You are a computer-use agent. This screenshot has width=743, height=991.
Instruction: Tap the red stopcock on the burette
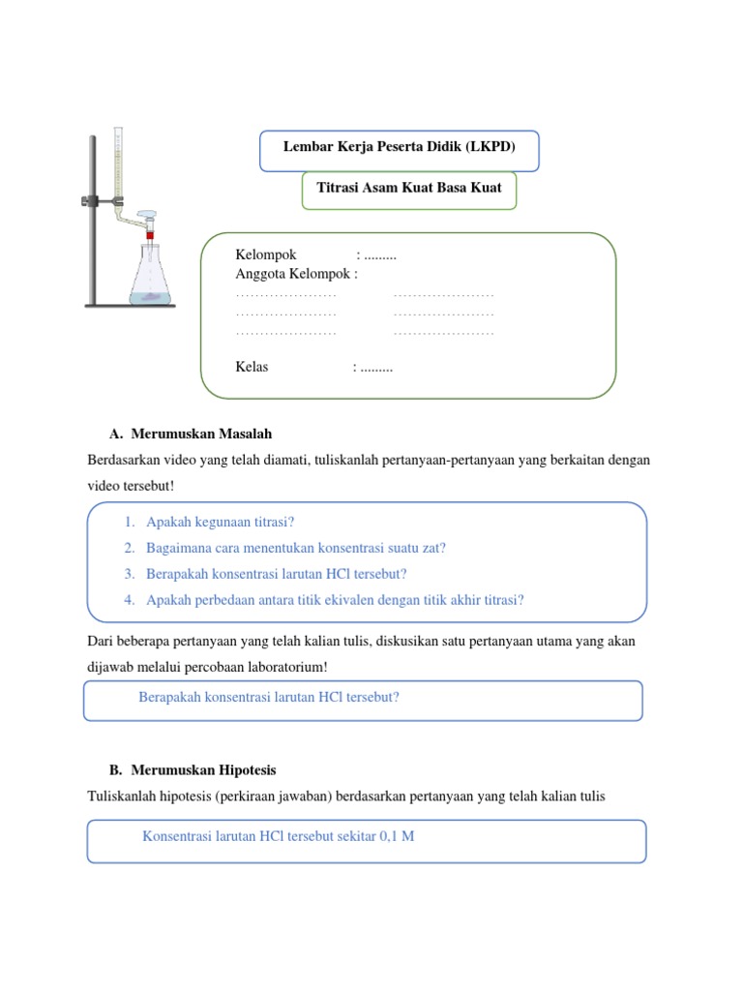tap(151, 233)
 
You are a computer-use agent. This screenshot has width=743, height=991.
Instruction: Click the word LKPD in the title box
tap(490, 147)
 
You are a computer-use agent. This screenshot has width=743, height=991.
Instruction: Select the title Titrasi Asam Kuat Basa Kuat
tap(409, 188)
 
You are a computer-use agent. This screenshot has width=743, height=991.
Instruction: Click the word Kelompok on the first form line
tap(266, 255)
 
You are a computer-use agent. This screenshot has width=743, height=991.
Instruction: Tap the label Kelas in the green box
tap(253, 367)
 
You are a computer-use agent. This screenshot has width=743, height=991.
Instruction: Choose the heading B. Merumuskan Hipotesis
tap(193, 770)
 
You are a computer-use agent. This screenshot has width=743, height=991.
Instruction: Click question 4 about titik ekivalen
tap(335, 600)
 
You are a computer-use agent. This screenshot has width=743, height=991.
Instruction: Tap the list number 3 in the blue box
tap(129, 574)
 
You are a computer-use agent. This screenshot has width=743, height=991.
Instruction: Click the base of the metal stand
tap(131, 307)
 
